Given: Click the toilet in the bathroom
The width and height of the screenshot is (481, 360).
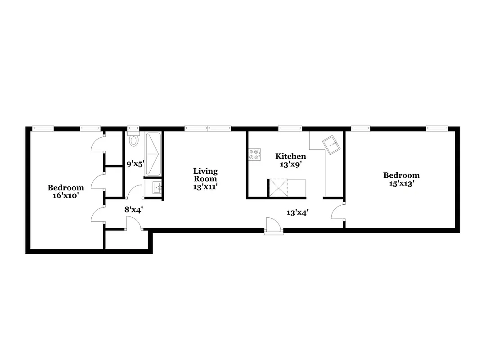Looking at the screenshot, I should coord(133,140).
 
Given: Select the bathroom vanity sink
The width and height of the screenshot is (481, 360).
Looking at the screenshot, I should coord(156,188).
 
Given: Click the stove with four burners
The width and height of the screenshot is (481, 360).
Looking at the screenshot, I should coord(254,154).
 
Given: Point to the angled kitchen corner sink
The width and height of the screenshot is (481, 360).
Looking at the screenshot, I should coord(332,144).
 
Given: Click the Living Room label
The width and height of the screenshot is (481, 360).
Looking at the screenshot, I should coord(205,178).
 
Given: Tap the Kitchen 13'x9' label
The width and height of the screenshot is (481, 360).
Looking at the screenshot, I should coord(291,160).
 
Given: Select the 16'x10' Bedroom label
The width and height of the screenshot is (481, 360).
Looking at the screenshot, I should coord(66,192).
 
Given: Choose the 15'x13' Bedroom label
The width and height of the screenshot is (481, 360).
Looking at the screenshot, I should coord(401,179).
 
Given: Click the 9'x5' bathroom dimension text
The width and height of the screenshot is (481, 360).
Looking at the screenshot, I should coord(135,164).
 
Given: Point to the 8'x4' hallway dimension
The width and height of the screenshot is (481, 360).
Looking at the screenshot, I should coord(134,209).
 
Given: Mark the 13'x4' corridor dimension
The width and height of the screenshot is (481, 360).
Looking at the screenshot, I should coord(297,212).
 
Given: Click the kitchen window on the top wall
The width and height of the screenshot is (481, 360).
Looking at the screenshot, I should coord(290,128).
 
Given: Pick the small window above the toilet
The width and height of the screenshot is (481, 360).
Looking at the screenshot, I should coord(133,128).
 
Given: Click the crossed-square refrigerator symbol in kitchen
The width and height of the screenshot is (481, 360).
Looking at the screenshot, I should coord(278,188).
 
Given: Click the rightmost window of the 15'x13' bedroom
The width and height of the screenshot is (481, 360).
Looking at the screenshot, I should coord(437,128).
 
